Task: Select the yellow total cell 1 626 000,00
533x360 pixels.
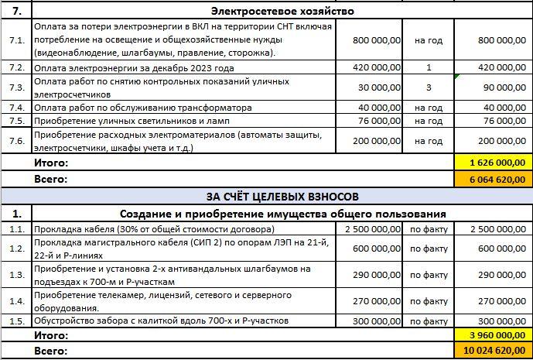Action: click(491, 163)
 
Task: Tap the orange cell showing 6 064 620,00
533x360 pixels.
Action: click(491, 179)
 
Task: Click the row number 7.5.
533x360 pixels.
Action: click(15, 120)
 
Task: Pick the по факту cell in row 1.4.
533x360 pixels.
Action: click(428, 300)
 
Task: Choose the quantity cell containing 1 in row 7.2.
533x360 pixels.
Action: click(428, 67)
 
